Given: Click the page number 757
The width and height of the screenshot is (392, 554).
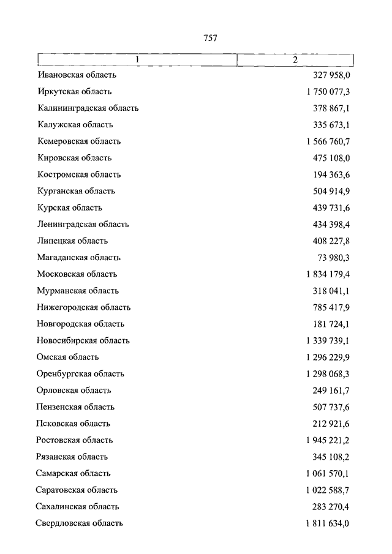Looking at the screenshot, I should pyautogui.click(x=210, y=38).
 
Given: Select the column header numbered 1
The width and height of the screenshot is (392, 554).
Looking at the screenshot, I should pyautogui.click(x=138, y=59).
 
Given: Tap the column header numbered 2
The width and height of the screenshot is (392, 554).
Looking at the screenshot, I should pyautogui.click(x=295, y=59).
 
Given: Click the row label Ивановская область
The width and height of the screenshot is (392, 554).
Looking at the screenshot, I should pyautogui.click(x=77, y=75).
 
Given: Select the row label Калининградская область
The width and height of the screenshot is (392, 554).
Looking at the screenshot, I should pyautogui.click(x=88, y=108).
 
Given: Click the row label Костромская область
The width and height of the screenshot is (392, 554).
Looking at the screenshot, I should pyautogui.click(x=79, y=174).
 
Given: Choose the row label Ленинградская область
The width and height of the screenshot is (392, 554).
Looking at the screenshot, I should pyautogui.click(x=83, y=225).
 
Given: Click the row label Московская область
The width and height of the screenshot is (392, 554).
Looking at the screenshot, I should pyautogui.click(x=77, y=274).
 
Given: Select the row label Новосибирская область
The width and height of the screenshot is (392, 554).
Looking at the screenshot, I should pyautogui.click(x=83, y=341).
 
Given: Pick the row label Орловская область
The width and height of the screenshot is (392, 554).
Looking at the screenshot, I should pyautogui.click(x=74, y=391).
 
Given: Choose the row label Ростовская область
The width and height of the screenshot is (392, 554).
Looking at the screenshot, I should pyautogui.click(x=75, y=440).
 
